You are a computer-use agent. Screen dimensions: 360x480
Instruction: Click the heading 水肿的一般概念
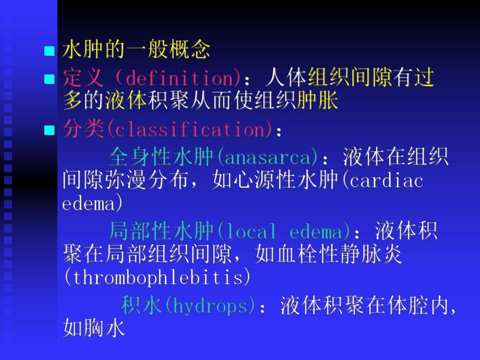pyautogui.click(x=136, y=50)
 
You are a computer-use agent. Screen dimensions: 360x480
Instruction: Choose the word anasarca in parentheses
pyautogui.click(x=269, y=157)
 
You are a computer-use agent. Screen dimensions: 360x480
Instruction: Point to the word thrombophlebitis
pyautogui.click(x=157, y=278)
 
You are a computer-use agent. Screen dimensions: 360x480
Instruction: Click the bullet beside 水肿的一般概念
pyautogui.click(x=50, y=51)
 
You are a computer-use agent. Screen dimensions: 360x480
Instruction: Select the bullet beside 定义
pyautogui.click(x=50, y=79)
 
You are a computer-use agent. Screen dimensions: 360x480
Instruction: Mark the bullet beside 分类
pyautogui.click(x=50, y=130)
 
